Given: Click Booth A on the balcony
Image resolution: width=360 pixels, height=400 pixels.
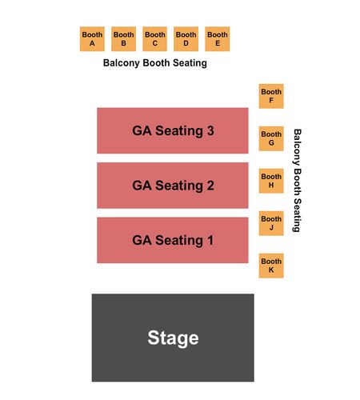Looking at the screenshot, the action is (92, 38).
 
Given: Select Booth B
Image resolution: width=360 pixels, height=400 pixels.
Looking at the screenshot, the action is (123, 38).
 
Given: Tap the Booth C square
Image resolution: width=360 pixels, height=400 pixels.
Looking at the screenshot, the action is (154, 38).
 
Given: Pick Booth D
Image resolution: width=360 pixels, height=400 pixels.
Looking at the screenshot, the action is (186, 38).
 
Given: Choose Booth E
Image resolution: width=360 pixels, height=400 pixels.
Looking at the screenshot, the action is (218, 38).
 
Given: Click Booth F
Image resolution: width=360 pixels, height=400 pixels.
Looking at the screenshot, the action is (271, 96).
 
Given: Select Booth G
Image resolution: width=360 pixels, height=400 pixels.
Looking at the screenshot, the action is (271, 138).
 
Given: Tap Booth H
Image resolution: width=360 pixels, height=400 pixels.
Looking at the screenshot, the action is (271, 181).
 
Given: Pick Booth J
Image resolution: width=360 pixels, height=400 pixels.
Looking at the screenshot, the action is (271, 223).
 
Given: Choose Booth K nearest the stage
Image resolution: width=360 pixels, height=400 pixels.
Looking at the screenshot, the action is (271, 266).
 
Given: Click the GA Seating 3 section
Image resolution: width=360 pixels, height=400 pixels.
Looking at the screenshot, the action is (173, 130).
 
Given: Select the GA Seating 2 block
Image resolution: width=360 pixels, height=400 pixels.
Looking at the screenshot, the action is (173, 186).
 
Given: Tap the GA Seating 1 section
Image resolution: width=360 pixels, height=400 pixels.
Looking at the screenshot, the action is (173, 240).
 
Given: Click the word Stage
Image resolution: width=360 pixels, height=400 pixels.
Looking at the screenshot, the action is (173, 338).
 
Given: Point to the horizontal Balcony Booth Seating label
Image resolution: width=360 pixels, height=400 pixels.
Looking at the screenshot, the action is (155, 63).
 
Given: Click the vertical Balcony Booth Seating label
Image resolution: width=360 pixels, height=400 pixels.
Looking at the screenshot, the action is (297, 181).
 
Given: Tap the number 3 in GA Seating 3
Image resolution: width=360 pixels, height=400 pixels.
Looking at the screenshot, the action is (210, 130).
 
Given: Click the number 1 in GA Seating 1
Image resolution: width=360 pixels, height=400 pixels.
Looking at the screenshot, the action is (210, 240).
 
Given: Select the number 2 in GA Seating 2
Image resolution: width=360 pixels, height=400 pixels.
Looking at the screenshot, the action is (210, 186).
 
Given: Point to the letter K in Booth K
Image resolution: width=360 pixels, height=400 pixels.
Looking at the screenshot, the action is (271, 270).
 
